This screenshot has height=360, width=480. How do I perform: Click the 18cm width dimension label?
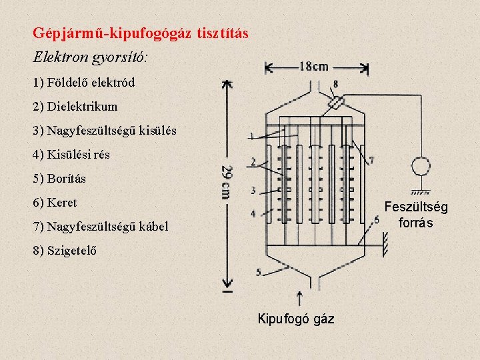[x=313, y=66]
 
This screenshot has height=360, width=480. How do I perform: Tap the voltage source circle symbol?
[x=421, y=166]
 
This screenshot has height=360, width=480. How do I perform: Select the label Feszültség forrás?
[x=416, y=215]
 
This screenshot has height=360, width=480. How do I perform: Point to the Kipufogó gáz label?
[x=296, y=319]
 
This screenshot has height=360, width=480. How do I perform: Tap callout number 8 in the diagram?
[x=335, y=84]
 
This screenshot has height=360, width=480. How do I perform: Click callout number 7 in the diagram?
[x=371, y=161]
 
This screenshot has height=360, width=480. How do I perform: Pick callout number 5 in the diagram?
[x=259, y=272]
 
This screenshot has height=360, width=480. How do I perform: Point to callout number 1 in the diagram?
[x=251, y=136]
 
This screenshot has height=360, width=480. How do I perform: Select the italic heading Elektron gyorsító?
[x=91, y=57]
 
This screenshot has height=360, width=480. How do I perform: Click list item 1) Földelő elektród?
[x=83, y=83]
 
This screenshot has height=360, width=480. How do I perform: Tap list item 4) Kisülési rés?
[x=71, y=155]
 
